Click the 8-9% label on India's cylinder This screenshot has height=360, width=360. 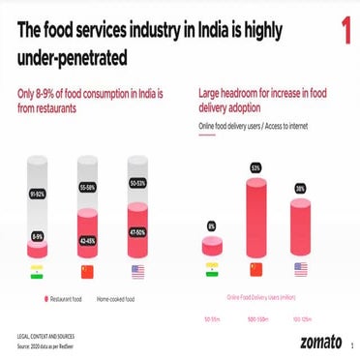37,236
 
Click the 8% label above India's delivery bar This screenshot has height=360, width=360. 211,226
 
